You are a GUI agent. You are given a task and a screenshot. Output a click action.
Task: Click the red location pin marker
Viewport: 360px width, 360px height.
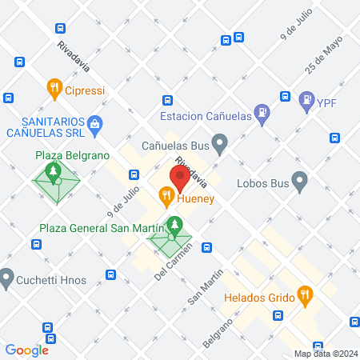[179, 176]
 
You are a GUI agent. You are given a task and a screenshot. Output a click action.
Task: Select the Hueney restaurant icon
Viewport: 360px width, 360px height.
[166, 194]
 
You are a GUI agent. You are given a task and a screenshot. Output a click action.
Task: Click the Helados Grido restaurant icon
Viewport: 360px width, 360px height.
[304, 296]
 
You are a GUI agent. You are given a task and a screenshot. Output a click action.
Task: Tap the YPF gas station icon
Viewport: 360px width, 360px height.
[306, 101]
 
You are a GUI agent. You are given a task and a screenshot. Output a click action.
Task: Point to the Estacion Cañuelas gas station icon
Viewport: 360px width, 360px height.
[261, 114]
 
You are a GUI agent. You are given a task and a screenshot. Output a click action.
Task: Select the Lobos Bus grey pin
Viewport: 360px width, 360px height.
[299, 182]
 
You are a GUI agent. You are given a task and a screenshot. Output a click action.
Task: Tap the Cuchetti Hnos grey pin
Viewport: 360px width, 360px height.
[7, 278]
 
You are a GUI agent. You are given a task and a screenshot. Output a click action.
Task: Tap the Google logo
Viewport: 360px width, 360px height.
[26, 350]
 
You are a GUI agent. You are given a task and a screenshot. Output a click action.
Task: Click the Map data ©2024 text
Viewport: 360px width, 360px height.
[325, 354]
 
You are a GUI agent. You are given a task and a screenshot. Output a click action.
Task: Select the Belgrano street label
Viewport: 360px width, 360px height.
[218, 331]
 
